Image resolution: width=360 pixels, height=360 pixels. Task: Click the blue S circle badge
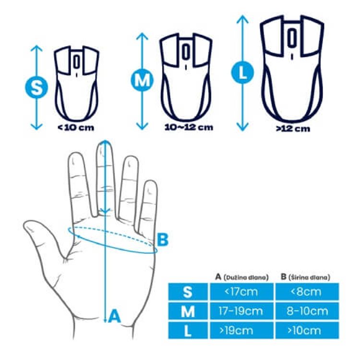click(x=36, y=87)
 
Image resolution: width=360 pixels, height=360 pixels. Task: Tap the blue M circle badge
click(x=142, y=80)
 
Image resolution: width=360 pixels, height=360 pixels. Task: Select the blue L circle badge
click(x=242, y=72)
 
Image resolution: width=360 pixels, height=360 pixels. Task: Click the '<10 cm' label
click(x=76, y=127)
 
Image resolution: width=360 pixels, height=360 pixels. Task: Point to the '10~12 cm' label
click(x=189, y=127)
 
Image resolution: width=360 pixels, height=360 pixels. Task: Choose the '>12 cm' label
click(x=293, y=129)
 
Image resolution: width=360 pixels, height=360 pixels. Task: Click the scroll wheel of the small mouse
click(x=76, y=61)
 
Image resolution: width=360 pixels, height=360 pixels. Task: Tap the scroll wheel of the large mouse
click(x=292, y=37)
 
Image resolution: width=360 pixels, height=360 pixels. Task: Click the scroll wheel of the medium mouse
click(x=185, y=51)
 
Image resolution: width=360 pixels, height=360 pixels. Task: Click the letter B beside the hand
click(x=163, y=240)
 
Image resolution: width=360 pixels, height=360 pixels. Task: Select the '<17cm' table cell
click(x=242, y=291)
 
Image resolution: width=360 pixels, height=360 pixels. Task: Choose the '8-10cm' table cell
click(x=307, y=311)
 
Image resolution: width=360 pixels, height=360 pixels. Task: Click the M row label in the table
click(x=188, y=311)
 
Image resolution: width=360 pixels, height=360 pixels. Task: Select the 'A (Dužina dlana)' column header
click(x=242, y=277)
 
